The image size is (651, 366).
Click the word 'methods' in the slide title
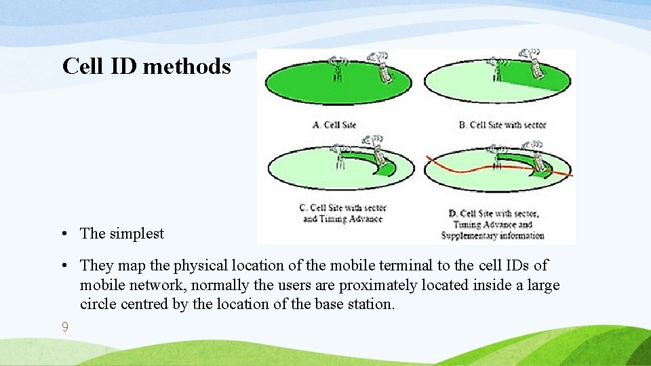point(186,66)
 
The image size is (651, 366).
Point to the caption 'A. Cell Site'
point(334,125)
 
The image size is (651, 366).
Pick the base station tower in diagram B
point(496,68)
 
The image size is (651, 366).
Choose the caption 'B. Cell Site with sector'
point(502,125)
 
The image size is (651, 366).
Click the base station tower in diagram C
point(339,157)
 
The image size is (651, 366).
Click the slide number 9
point(64,327)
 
